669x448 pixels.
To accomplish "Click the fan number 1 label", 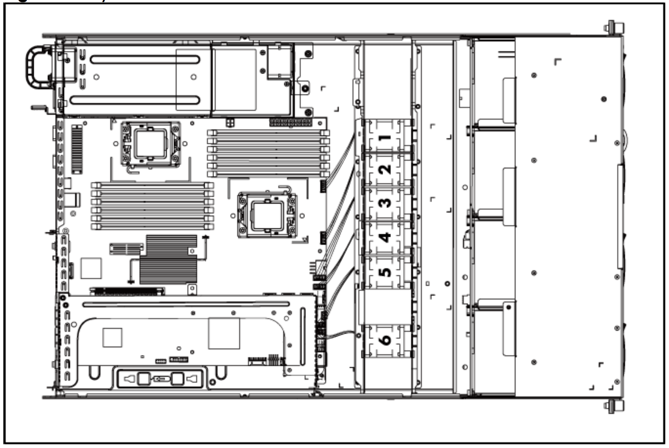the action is tap(386, 138).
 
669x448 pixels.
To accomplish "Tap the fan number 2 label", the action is tap(385, 169).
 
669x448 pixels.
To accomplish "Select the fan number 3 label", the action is tap(385, 203).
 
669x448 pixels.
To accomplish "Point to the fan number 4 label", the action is tap(385, 237).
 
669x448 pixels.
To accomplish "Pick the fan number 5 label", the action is tap(385, 272).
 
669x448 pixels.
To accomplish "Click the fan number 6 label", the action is tap(385, 339).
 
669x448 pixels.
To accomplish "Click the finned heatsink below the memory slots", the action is tap(168, 259).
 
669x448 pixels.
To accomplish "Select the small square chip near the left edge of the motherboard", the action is tap(91, 268).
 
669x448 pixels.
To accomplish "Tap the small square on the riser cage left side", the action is tap(112, 337).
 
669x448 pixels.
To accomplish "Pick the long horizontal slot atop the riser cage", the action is tap(186, 305).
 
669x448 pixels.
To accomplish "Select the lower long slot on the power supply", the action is tap(135, 100).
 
